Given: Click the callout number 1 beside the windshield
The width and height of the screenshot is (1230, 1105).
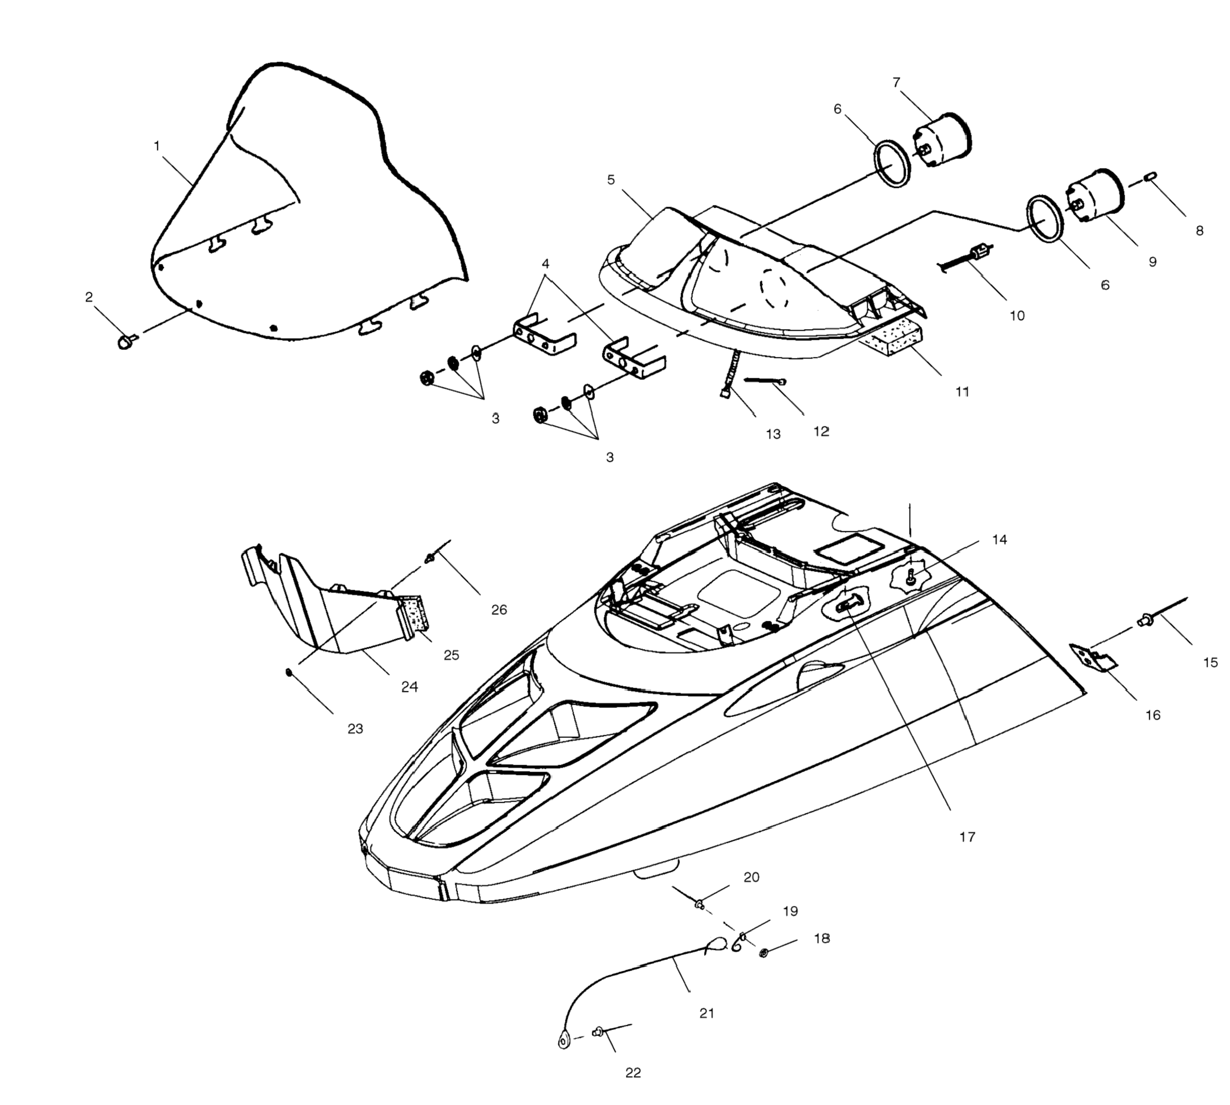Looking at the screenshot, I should point(157,146).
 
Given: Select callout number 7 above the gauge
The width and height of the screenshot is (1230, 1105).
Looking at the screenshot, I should point(897,82).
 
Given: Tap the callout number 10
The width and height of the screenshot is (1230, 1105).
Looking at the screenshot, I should point(1017,316).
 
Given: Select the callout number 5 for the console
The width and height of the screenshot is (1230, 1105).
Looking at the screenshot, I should point(611,180).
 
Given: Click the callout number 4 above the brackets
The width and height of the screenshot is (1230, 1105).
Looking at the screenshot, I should point(545,263).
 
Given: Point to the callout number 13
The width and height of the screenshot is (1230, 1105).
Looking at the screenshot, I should point(773,434).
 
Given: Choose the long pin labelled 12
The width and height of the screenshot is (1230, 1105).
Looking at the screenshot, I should point(764,382).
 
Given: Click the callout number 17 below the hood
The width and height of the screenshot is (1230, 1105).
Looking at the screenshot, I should point(967,837).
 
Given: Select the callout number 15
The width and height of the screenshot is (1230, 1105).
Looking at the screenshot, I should point(1211,662).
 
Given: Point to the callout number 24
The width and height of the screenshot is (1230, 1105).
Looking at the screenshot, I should point(410,687).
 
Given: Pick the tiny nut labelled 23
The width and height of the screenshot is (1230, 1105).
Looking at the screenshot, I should point(289,672).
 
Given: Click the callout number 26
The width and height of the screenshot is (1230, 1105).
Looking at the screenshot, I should point(499,609).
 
